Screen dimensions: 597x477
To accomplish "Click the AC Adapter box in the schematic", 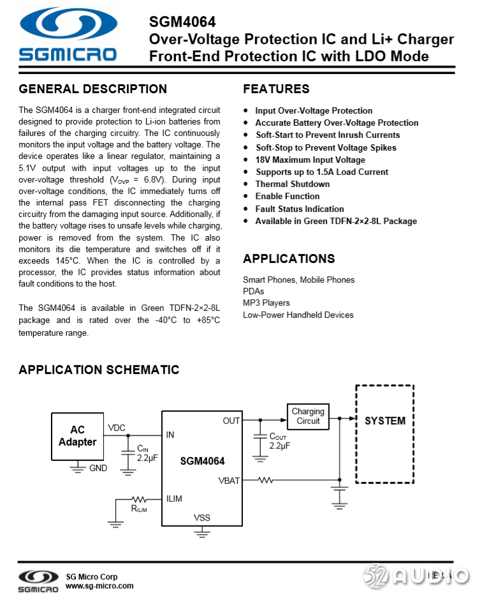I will click(77, 435).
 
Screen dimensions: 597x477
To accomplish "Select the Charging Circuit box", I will click(308, 416).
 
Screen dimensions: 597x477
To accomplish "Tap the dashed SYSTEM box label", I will click(385, 421).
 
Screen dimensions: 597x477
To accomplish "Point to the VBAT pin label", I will click(229, 480).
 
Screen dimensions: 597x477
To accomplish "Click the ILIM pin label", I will click(174, 499).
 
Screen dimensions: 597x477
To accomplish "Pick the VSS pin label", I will click(202, 518).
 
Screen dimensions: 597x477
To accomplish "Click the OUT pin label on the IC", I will click(231, 421).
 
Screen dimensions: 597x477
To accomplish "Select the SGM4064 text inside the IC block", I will click(202, 460).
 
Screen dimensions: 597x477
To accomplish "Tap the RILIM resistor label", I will click(138, 509).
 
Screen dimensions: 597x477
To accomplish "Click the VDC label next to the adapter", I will click(117, 428).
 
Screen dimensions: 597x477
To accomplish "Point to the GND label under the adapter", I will click(98, 468).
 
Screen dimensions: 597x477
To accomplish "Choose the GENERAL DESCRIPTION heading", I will click(93, 89).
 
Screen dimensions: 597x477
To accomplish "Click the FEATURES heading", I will click(276, 89).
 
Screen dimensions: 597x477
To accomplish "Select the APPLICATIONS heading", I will click(289, 259).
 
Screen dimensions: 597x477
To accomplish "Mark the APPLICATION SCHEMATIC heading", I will click(99, 370).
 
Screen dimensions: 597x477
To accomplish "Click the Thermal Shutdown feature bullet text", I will click(293, 184).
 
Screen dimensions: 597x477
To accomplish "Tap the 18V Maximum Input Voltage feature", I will click(310, 160).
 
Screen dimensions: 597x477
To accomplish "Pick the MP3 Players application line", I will click(266, 303).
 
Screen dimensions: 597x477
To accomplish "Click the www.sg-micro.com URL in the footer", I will click(99, 586).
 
